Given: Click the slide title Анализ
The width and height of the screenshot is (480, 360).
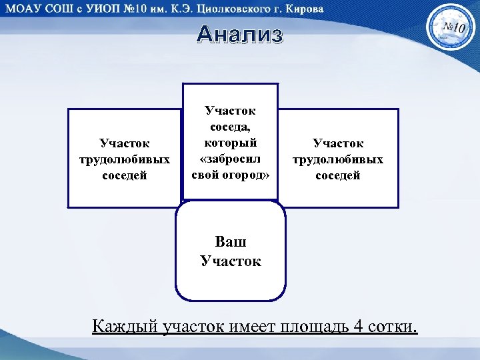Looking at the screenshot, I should click(240, 35).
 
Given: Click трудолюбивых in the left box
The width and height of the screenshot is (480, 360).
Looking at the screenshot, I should click(124, 159).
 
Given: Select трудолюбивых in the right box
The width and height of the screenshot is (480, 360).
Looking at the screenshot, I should click(338, 159).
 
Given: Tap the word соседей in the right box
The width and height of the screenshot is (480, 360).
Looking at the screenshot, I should click(338, 175).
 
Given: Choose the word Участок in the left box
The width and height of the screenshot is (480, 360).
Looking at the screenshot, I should click(124, 143).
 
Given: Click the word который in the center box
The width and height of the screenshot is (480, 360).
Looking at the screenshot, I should click(231, 143).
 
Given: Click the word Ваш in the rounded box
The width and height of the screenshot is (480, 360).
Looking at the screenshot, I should click(231, 243).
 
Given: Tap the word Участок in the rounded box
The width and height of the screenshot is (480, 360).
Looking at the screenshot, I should click(231, 261).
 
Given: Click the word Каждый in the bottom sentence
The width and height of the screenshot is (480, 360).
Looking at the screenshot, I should click(125, 327).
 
